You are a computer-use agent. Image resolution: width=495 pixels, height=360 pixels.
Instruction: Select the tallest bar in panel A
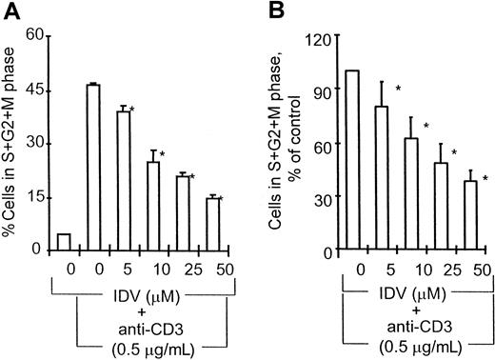click(93, 167)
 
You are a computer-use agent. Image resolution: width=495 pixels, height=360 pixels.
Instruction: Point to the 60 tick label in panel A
click(34, 34)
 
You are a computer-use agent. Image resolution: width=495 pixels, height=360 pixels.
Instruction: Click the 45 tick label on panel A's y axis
click(34, 89)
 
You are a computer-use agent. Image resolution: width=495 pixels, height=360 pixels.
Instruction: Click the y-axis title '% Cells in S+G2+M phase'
click(10, 143)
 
